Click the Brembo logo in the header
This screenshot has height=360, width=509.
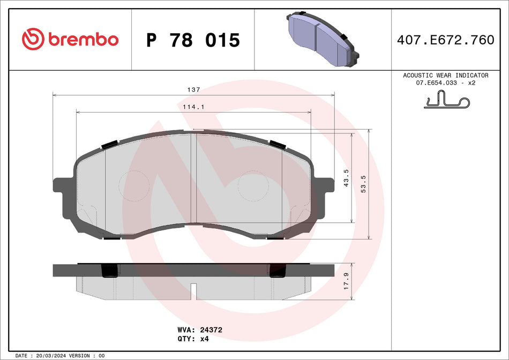coord(70,39)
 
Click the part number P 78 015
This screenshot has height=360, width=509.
coord(193,40)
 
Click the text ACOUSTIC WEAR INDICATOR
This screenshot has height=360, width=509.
coord(446,76)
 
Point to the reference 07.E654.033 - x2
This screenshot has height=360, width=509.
coord(446,84)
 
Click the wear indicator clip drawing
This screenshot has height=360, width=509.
coord(446,100)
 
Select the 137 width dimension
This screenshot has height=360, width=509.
coord(193,89)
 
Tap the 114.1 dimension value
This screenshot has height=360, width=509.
coord(193,107)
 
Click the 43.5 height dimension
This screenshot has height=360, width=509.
coord(347,177)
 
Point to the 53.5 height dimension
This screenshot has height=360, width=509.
coord(364,184)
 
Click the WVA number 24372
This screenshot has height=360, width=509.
coord(211,331)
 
